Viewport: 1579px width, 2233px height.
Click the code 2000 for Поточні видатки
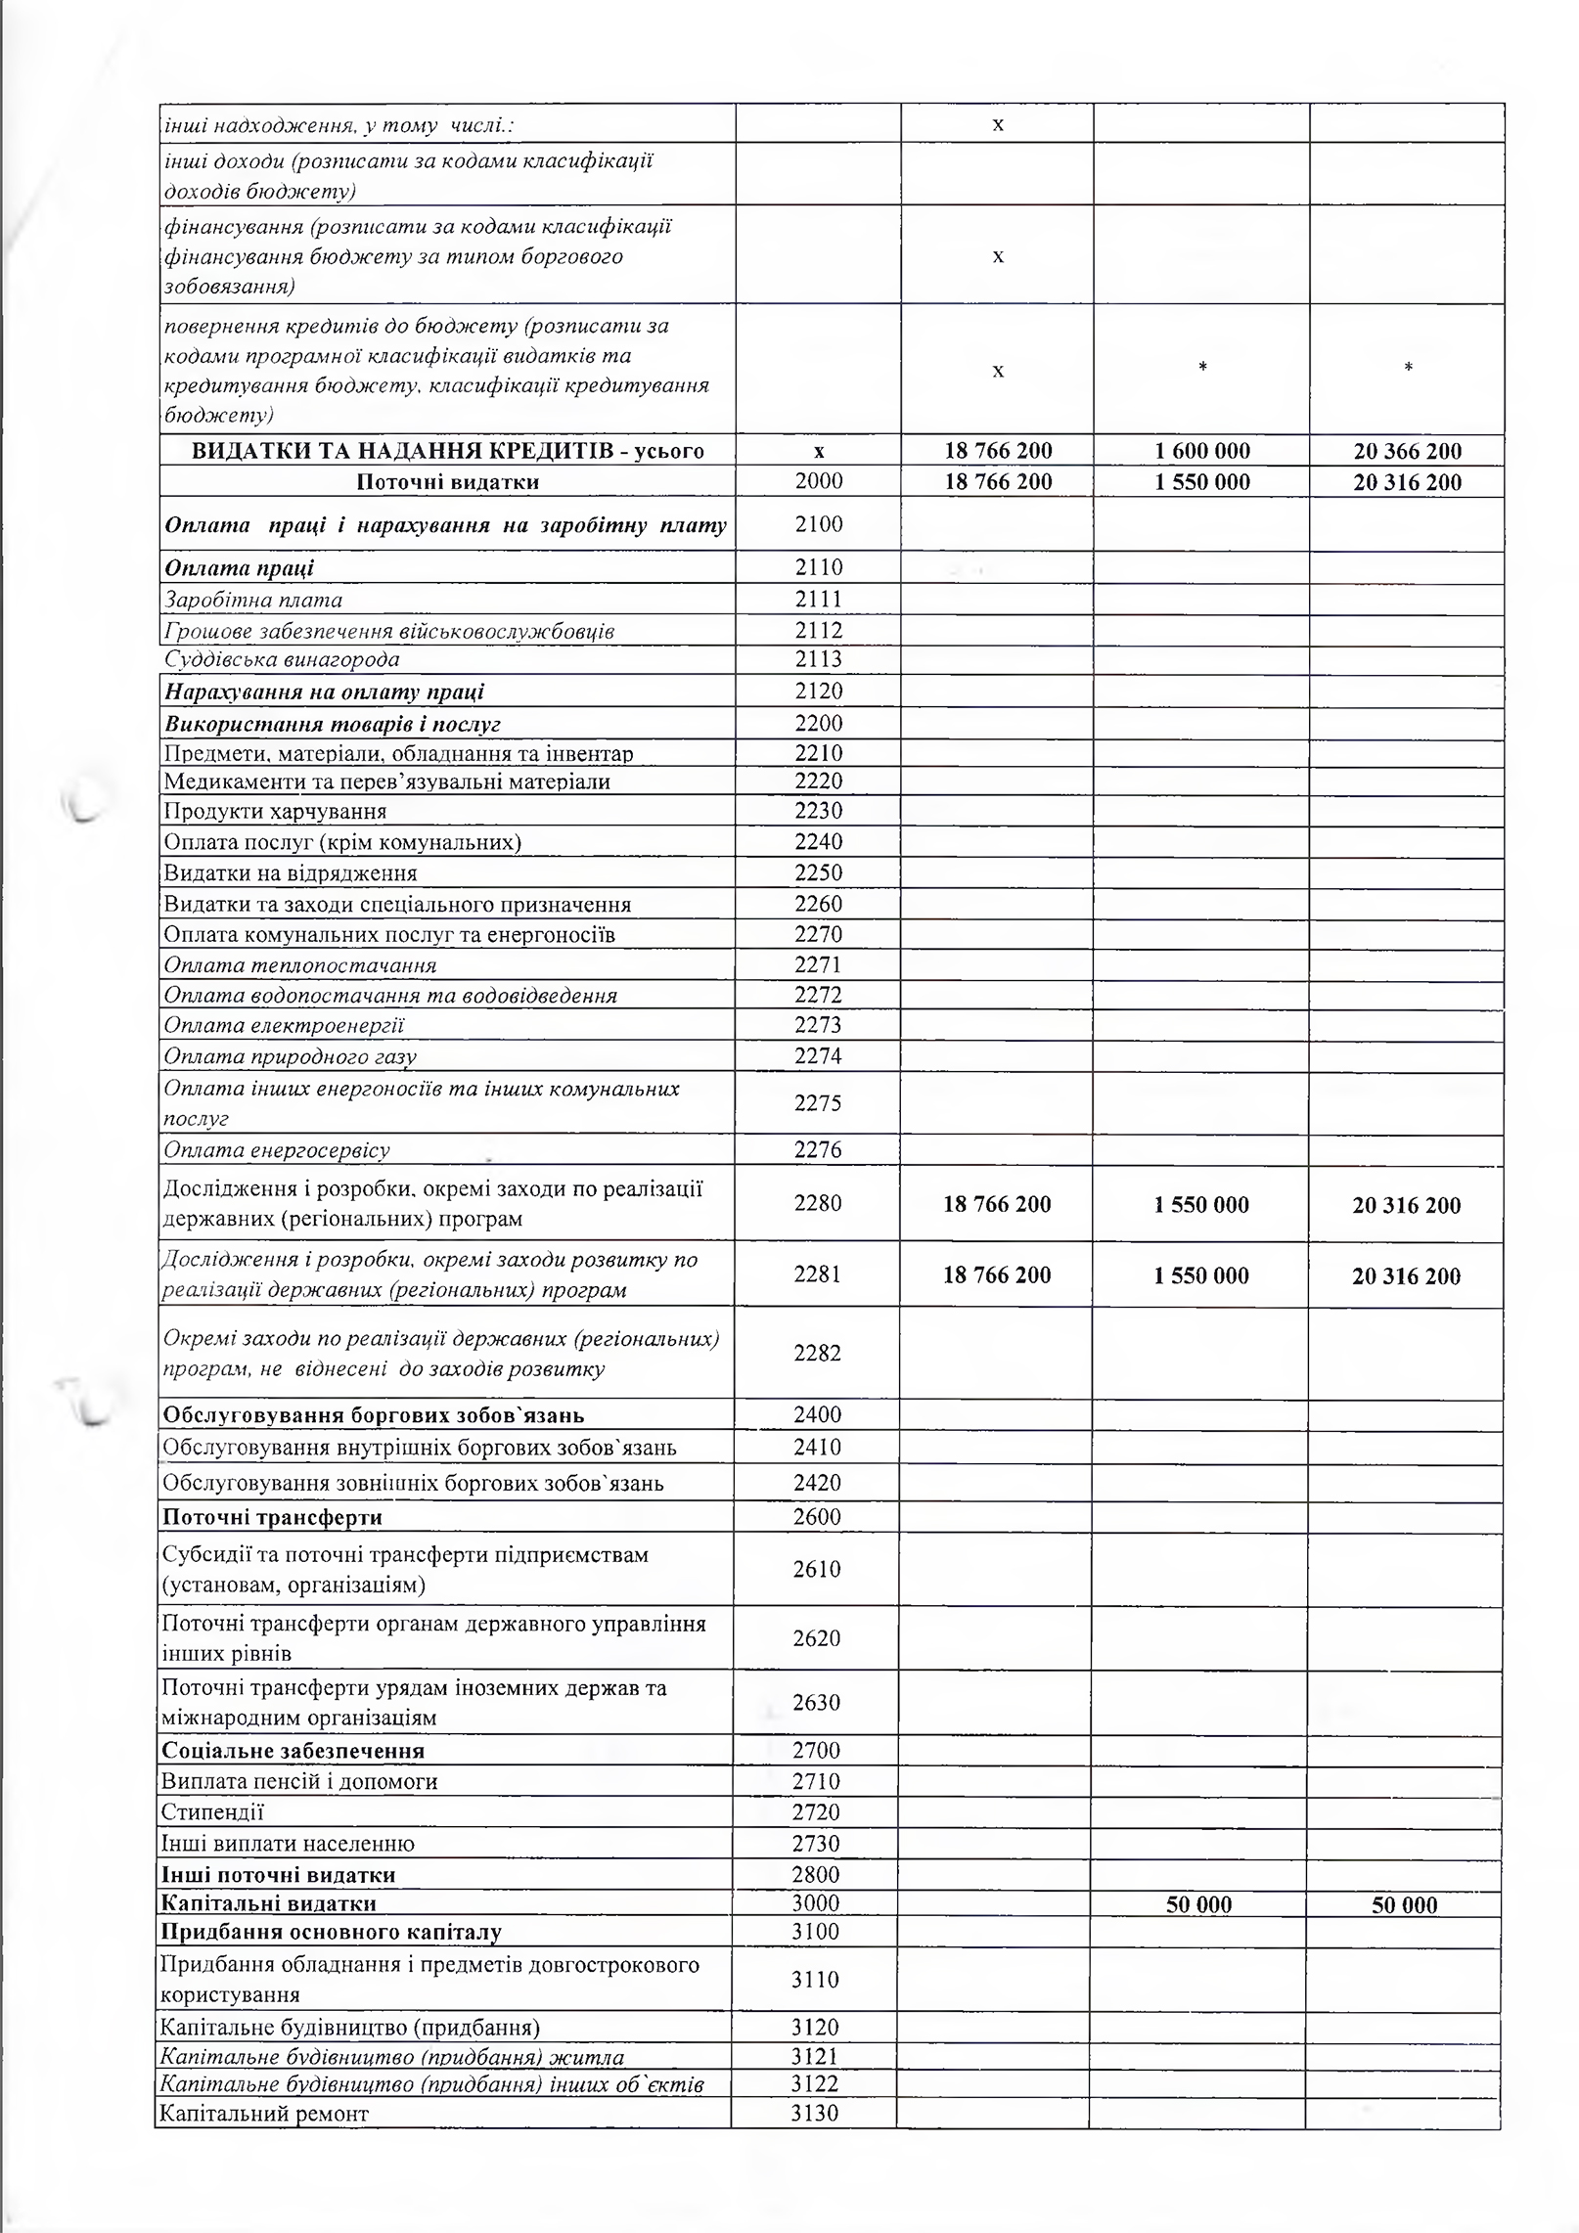point(818,481)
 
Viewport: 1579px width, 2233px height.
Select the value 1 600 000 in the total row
point(1202,451)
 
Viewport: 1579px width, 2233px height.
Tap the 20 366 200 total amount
point(1407,451)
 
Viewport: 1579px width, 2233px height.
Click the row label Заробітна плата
point(253,600)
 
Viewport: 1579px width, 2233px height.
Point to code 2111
point(818,599)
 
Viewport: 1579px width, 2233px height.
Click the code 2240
point(818,841)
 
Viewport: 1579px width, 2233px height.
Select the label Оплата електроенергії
point(284,1025)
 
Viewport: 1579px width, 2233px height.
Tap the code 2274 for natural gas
point(818,1055)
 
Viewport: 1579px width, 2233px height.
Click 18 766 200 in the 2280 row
point(997,1204)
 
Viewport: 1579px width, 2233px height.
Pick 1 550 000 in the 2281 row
point(1201,1275)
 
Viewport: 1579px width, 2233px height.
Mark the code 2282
point(817,1353)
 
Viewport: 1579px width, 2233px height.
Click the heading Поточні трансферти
point(272,1517)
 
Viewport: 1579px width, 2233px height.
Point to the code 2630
point(816,1703)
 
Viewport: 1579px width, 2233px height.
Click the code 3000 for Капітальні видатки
point(815,1903)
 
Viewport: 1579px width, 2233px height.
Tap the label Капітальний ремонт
point(264,2114)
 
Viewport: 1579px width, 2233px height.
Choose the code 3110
point(815,1980)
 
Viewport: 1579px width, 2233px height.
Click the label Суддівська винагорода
point(282,659)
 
